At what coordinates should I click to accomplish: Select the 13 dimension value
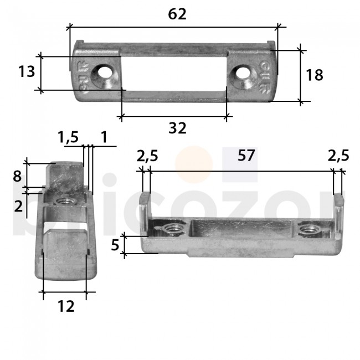tap(26, 72)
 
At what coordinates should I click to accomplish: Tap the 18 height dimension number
tap(314, 75)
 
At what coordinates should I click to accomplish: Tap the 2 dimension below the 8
tap(18, 206)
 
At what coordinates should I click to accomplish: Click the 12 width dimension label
tap(65, 306)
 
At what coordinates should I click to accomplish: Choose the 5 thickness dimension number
tap(115, 244)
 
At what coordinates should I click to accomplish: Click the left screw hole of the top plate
tap(103, 73)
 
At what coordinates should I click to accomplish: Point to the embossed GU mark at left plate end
tap(82, 75)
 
